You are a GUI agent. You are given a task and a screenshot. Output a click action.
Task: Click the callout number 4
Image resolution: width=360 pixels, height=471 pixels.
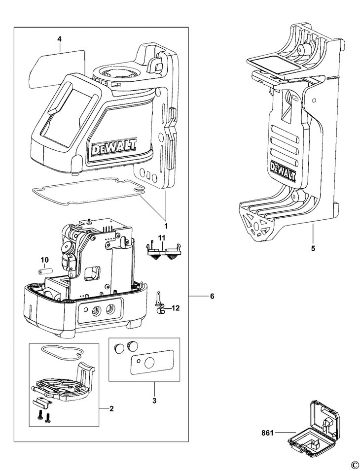tap(60, 39)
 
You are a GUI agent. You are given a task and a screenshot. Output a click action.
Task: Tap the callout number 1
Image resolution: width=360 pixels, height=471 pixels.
tap(166, 225)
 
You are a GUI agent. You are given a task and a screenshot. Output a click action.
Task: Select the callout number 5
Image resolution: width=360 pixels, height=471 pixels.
tap(313, 248)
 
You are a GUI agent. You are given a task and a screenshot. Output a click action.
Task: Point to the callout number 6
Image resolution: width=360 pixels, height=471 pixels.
tap(212, 297)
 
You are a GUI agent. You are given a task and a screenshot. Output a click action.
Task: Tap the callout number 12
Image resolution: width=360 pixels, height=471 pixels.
tap(176, 308)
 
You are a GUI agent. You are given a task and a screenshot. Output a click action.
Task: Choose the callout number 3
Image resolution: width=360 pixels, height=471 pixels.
tap(154, 401)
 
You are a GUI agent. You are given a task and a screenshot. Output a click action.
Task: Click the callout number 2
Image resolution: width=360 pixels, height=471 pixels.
tap(111, 408)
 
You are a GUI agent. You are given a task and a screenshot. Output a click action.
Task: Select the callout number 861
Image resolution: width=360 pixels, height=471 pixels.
tap(267, 433)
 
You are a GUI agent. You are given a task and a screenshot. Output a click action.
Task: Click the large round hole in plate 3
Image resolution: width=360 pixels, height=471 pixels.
tap(149, 363)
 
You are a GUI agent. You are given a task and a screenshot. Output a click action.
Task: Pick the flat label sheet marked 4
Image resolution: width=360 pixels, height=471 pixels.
tap(57, 68)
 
